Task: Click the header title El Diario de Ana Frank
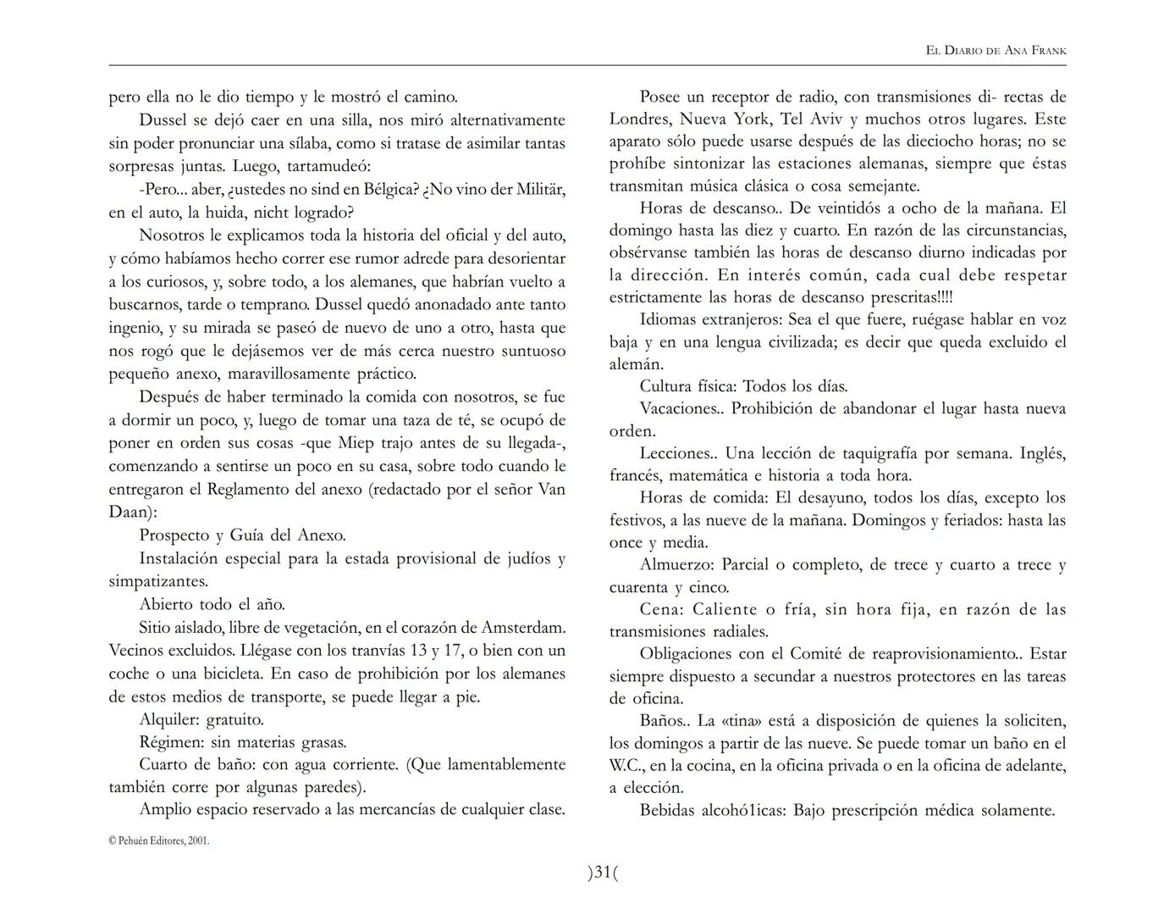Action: click(996, 51)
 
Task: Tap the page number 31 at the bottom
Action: click(602, 872)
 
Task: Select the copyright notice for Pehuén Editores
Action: click(159, 840)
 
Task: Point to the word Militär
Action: click(536, 189)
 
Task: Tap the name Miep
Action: click(356, 443)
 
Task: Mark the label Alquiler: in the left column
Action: click(169, 720)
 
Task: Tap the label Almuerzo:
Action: click(677, 565)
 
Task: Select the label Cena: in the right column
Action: click(662, 609)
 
